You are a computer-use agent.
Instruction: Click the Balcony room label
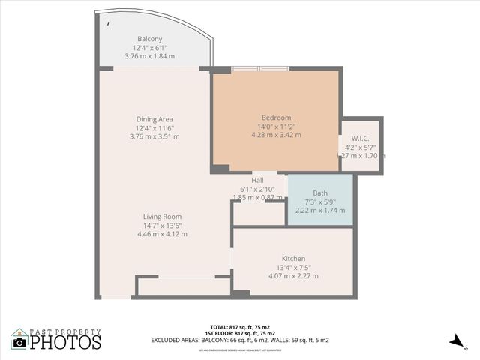pyautogui.click(x=149, y=39)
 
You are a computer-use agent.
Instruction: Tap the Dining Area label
pyautogui.click(x=154, y=119)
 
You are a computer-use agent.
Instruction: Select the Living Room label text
pyautogui.click(x=162, y=217)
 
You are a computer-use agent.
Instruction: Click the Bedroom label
pyautogui.click(x=276, y=118)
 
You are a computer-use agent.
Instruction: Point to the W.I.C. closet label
pyautogui.click(x=360, y=139)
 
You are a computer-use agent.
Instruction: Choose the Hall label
pyautogui.click(x=257, y=180)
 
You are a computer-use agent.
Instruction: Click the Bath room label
pyautogui.click(x=320, y=193)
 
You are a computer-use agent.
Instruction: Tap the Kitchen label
pyautogui.click(x=293, y=258)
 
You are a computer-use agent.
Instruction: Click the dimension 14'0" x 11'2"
pyautogui.click(x=276, y=127)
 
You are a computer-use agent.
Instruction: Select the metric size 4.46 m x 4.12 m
pyautogui.click(x=162, y=234)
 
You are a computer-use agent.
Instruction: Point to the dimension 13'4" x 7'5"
pyautogui.click(x=293, y=267)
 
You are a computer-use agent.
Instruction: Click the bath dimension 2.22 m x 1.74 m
pyautogui.click(x=320, y=211)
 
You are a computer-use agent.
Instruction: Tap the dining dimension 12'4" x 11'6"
pyautogui.click(x=154, y=128)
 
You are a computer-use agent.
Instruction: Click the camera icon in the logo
pyautogui.click(x=19, y=343)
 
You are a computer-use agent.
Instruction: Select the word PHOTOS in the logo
pyautogui.click(x=66, y=343)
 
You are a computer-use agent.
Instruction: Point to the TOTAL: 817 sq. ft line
pyautogui.click(x=242, y=327)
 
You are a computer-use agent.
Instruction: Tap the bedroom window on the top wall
pyautogui.click(x=259, y=69)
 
